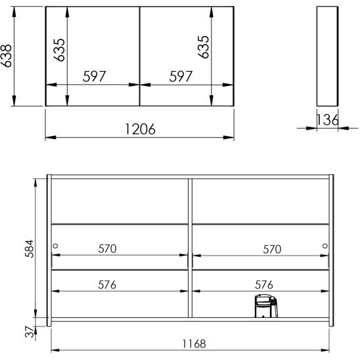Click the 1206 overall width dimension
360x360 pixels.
[141, 129]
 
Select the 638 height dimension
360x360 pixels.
[6, 56]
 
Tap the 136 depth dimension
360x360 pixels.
[327, 120]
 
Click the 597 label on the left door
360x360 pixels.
[95, 76]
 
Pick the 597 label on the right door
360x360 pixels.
[181, 76]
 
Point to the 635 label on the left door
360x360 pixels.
[59, 50]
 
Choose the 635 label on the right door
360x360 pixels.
[204, 47]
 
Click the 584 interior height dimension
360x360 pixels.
[30, 248]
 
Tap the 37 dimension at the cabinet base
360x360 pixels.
[30, 332]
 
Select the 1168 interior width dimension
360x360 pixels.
[194, 344]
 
